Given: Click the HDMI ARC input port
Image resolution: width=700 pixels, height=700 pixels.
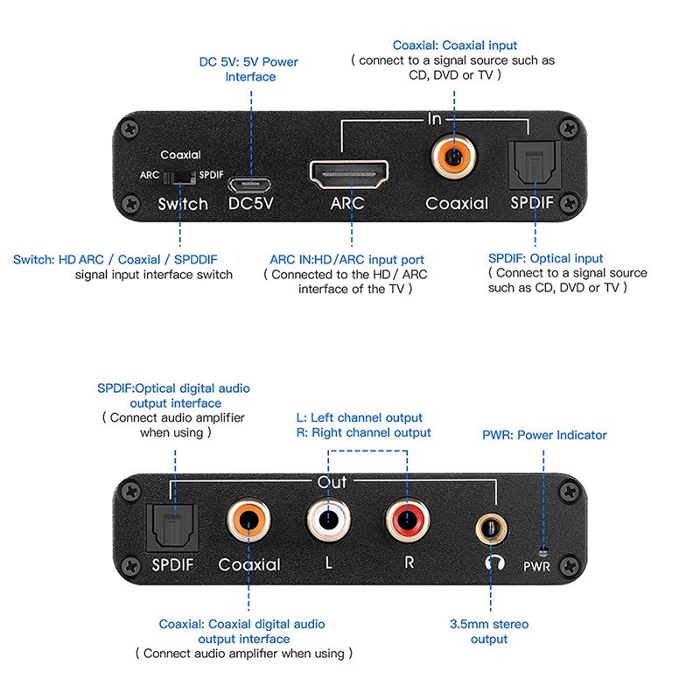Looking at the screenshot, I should click(x=350, y=177).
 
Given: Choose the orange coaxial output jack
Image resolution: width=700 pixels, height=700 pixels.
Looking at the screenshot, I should click(x=248, y=523).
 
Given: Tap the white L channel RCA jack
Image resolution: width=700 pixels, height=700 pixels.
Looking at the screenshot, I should click(x=329, y=523).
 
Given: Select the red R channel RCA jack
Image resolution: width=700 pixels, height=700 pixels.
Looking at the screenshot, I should click(x=408, y=523).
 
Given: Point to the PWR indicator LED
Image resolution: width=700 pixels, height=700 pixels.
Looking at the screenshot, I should click(x=543, y=550).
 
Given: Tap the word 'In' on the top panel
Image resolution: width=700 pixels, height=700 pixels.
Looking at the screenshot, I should click(x=435, y=119).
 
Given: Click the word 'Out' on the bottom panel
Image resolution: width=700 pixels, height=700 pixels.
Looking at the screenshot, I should click(x=332, y=482).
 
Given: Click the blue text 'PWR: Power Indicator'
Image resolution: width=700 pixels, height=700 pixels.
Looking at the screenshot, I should click(x=544, y=435).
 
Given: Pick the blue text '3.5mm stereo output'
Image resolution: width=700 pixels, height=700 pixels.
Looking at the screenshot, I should click(x=489, y=632).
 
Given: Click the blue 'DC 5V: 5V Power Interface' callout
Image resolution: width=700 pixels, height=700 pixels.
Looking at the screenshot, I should click(x=250, y=70).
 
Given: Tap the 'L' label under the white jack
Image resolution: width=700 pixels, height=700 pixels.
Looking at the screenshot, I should click(x=329, y=563).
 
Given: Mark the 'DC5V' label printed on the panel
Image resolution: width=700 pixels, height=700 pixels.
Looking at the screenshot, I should click(x=251, y=204).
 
